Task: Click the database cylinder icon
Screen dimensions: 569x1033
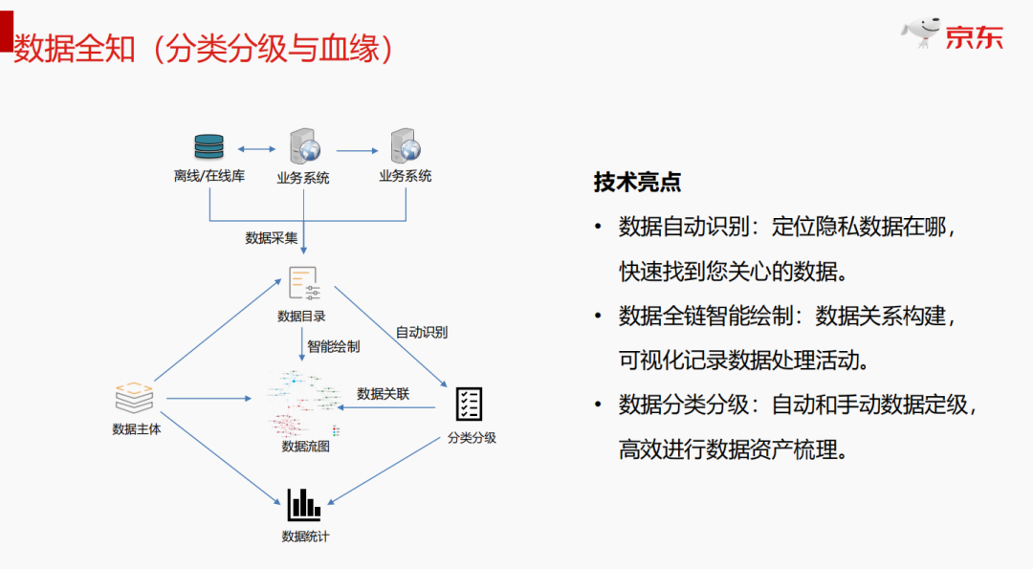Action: click(x=209, y=146)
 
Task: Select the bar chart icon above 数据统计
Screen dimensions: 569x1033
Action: click(x=304, y=504)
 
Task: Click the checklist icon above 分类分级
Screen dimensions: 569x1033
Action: click(x=469, y=404)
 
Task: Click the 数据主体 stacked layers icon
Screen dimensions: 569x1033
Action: click(x=134, y=397)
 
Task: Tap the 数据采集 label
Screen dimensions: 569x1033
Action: click(x=272, y=238)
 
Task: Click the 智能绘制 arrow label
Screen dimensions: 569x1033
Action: click(x=333, y=346)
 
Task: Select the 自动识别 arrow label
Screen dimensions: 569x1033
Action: click(x=422, y=333)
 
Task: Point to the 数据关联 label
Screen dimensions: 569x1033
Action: click(x=383, y=393)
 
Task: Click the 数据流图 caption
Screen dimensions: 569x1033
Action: click(x=305, y=446)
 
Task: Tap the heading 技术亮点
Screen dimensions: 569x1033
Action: click(x=637, y=182)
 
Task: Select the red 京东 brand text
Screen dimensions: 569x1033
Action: click(x=975, y=38)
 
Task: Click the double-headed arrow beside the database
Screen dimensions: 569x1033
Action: click(x=256, y=149)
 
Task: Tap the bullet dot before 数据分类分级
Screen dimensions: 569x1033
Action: click(x=598, y=405)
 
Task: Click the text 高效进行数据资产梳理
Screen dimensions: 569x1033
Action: click(x=733, y=449)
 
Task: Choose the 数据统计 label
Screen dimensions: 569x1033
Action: click(x=305, y=536)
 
